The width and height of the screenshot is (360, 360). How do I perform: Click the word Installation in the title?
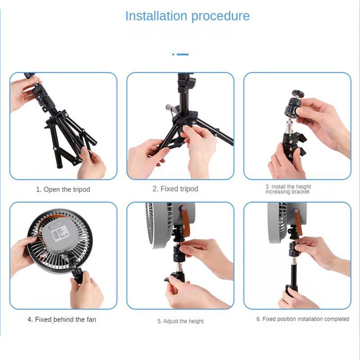pos(156,16)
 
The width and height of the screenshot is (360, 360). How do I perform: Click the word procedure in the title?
pos(220,17)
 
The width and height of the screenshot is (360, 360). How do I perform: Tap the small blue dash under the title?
pos(180,54)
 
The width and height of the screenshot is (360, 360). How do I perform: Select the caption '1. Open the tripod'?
pos(63,189)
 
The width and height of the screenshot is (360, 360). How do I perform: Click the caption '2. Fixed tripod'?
pos(175,189)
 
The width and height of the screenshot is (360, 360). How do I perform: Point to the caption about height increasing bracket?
pos(288,189)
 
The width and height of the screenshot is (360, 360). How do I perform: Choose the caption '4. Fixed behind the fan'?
pos(62,319)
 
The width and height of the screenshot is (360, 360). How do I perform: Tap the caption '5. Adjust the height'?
pos(180,321)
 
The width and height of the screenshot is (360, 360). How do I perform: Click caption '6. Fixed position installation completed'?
pos(303,319)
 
